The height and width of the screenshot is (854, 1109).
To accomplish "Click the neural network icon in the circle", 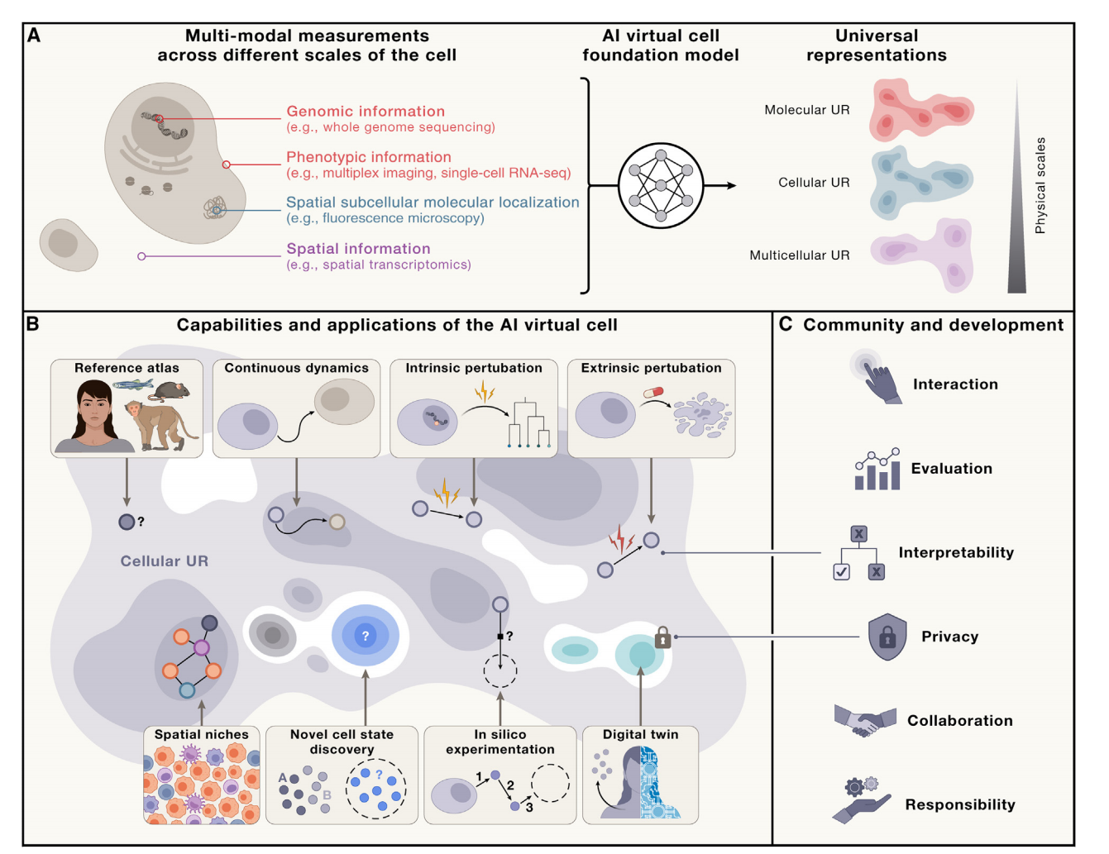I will click(661, 186).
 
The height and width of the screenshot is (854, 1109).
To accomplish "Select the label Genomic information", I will click(366, 111).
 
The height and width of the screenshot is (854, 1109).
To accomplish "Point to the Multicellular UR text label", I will click(799, 255).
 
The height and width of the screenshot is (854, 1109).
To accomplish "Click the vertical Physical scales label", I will click(1040, 185).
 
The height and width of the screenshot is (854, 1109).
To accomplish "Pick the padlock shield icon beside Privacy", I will click(887, 637).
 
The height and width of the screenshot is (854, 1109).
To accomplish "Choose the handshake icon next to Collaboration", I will click(865, 721).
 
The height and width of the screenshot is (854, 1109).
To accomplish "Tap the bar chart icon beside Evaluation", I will click(877, 470).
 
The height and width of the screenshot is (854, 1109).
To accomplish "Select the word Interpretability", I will click(956, 552).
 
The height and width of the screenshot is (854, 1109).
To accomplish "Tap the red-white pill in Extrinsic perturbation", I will click(653, 393).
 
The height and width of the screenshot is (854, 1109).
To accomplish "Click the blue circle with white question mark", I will click(365, 636).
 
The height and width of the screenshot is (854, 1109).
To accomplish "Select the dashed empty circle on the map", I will click(500, 670).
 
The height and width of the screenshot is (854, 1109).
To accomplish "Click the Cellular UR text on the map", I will click(164, 561).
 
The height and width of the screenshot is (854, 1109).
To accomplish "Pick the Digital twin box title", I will click(640, 734).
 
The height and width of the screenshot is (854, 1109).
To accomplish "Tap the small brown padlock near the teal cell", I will click(662, 637).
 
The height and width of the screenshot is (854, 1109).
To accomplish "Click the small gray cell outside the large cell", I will click(68, 245).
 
